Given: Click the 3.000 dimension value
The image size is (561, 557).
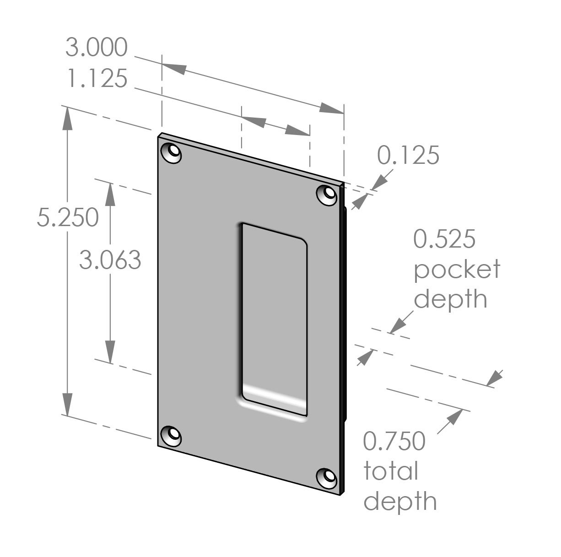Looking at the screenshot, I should (96, 48).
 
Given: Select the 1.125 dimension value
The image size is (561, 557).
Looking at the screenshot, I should (96, 79).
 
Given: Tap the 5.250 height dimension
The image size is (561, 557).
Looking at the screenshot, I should (68, 217).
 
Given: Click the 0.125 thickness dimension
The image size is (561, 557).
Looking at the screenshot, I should (408, 156).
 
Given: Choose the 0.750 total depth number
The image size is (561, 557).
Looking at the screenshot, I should (394, 442).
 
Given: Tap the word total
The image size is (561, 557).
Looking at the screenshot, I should (391, 471).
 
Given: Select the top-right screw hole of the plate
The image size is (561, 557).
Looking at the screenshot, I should (328, 194).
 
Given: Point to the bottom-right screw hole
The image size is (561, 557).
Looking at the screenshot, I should (328, 477).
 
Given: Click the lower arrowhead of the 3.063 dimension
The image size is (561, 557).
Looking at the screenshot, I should (110, 352).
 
